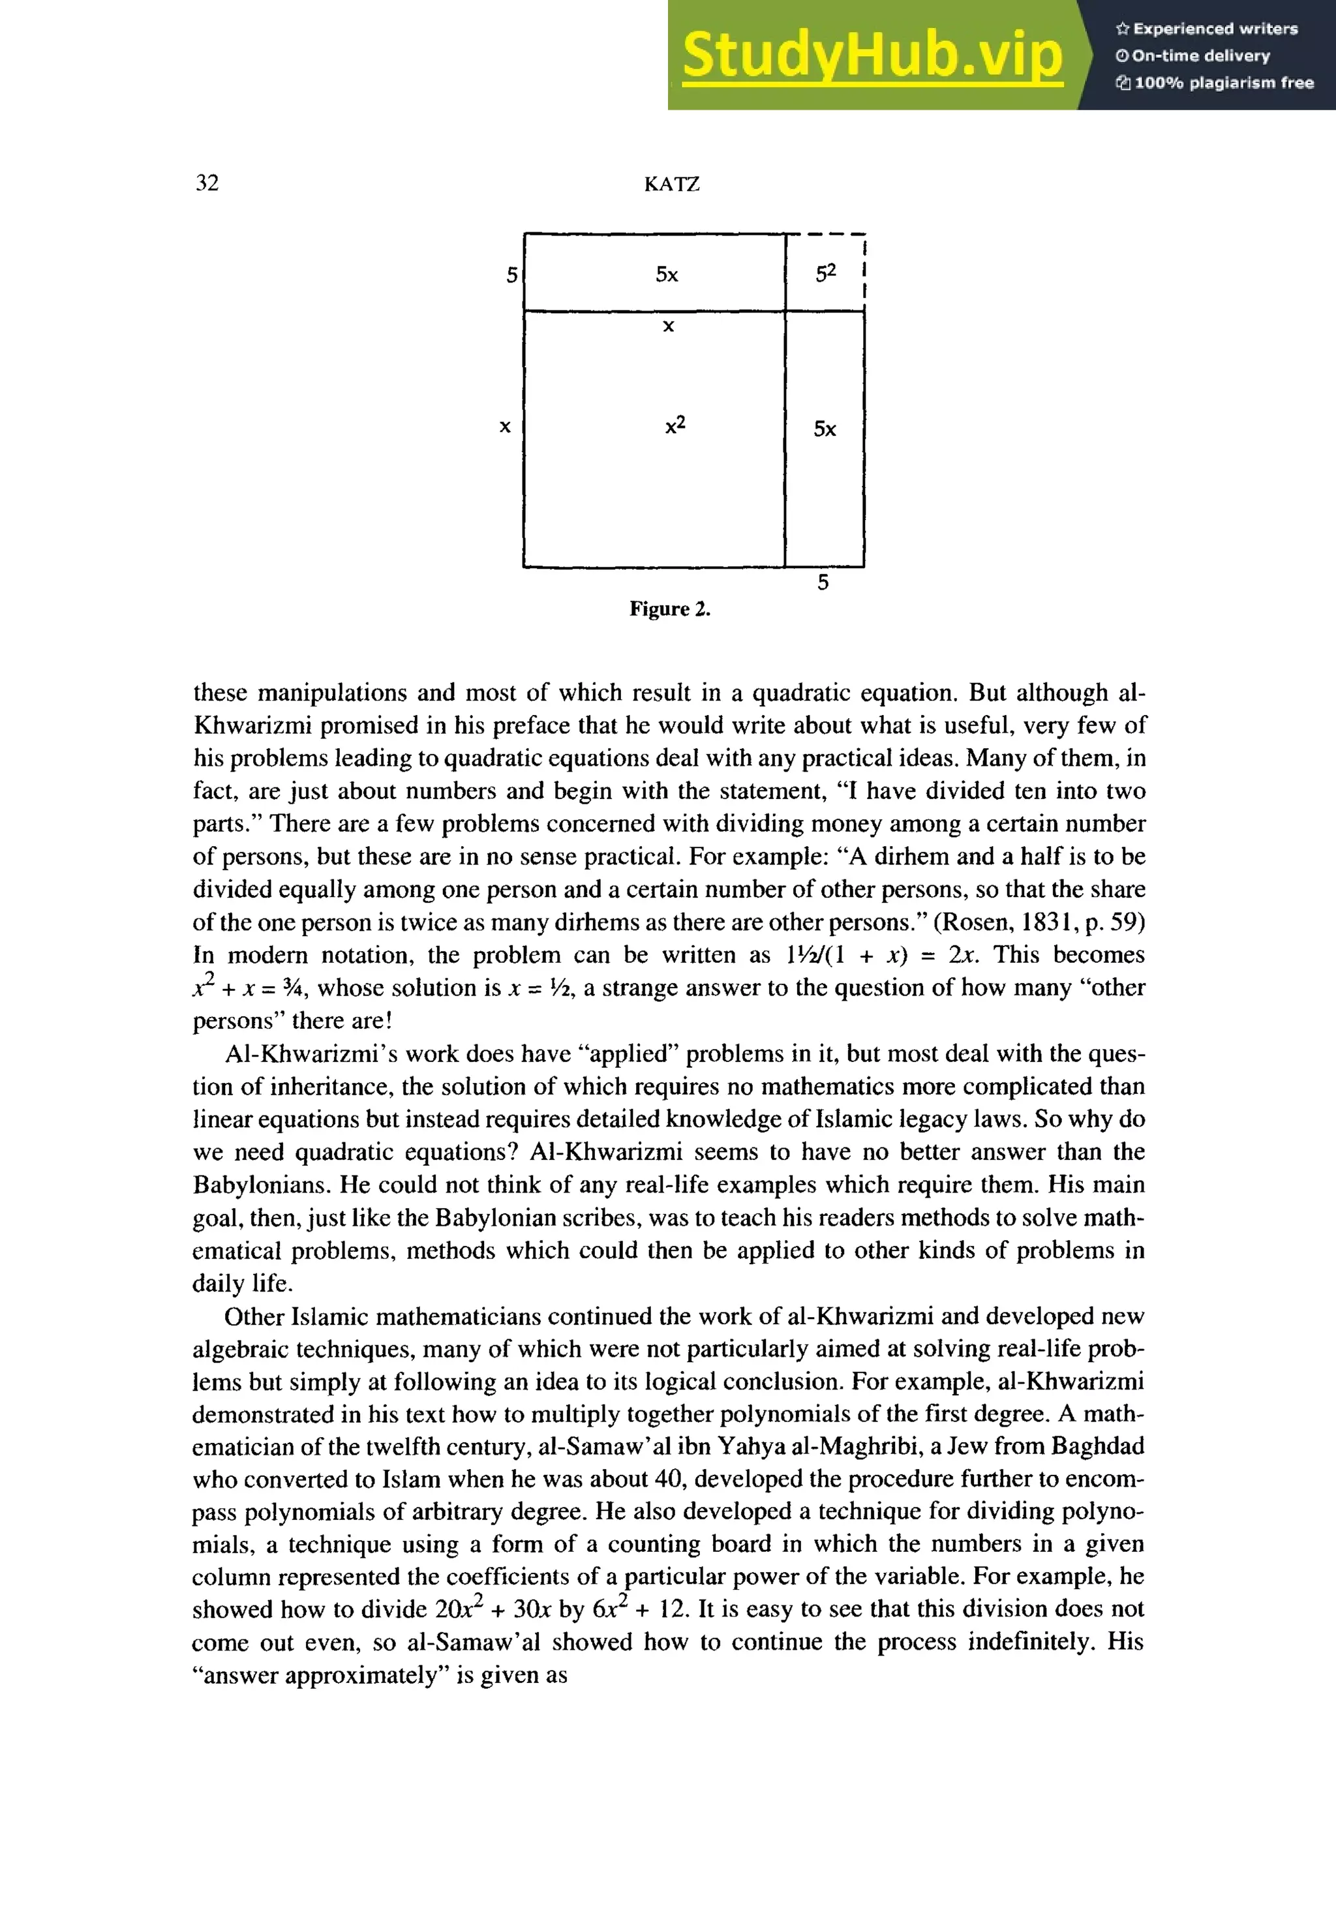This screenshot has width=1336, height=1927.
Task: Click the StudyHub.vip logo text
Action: pos(872,55)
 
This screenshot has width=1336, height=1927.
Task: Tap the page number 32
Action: pos(207,183)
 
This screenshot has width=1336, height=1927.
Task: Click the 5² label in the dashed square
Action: pos(825,273)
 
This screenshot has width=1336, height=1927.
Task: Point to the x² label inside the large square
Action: pos(675,425)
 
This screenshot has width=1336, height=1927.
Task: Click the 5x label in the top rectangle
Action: pos(666,275)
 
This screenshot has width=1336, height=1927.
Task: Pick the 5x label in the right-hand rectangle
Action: pos(825,429)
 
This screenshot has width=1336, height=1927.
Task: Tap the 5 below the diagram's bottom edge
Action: pos(823,583)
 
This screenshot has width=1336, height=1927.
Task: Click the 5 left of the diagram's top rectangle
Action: pos(511,275)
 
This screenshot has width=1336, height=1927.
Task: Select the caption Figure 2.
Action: pos(670,609)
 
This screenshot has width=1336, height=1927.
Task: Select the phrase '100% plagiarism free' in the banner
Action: pos(1224,83)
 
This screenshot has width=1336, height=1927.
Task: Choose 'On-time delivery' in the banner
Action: pos(1200,56)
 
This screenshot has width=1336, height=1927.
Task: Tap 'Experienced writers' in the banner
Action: pos(1215,29)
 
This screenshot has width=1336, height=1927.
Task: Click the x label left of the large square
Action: pos(505,427)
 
